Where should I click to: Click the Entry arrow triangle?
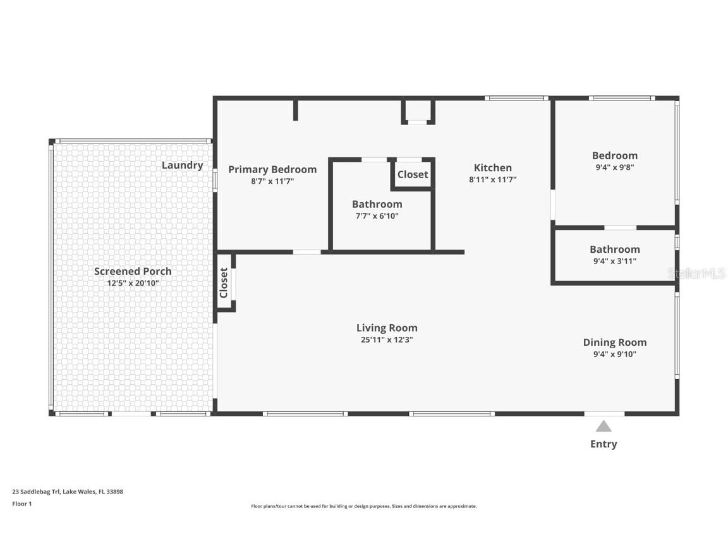(604, 426)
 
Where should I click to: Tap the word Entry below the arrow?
(604, 444)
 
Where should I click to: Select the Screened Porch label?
(133, 271)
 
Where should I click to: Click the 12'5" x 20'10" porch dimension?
(133, 283)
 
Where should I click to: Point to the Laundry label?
(183, 166)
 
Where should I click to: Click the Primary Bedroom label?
(272, 169)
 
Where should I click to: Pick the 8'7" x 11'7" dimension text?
(272, 181)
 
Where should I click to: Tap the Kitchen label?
(493, 167)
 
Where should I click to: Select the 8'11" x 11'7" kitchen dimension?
(493, 179)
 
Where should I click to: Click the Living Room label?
(387, 328)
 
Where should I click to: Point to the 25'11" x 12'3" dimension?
(387, 340)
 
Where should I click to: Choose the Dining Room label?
(615, 343)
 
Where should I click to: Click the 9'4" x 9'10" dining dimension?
(615, 355)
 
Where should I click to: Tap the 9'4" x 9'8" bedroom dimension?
(615, 167)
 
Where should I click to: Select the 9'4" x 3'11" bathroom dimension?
(615, 262)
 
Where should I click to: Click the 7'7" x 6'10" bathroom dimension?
(377, 216)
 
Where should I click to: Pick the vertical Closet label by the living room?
(224, 282)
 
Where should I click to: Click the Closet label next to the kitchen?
(413, 174)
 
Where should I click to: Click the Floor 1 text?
(22, 504)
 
